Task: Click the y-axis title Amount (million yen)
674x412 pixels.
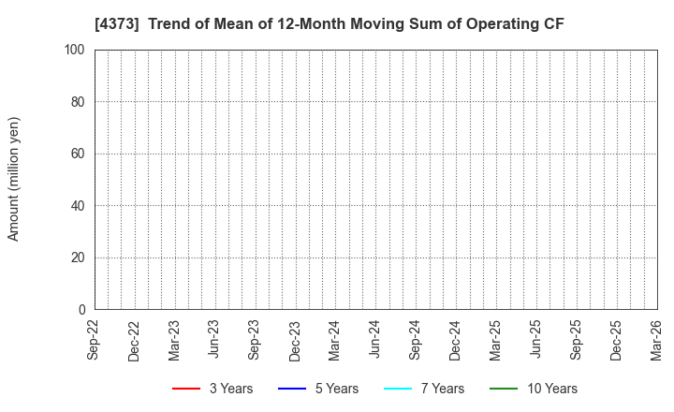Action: coord(14,179)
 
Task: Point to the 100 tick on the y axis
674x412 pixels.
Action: coord(76,50)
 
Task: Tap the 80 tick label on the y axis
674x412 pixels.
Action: coord(79,102)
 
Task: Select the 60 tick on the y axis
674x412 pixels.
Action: coord(79,154)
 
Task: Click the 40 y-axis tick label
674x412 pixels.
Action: coord(79,206)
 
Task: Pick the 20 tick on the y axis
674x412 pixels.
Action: coord(79,257)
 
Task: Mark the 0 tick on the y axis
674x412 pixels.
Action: coord(82,310)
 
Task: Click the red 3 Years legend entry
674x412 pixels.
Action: coord(212,389)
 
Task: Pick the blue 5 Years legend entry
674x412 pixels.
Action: coord(317,389)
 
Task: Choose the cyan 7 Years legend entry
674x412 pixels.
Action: coord(423,389)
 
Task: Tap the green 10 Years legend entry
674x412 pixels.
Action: coord(533,389)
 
